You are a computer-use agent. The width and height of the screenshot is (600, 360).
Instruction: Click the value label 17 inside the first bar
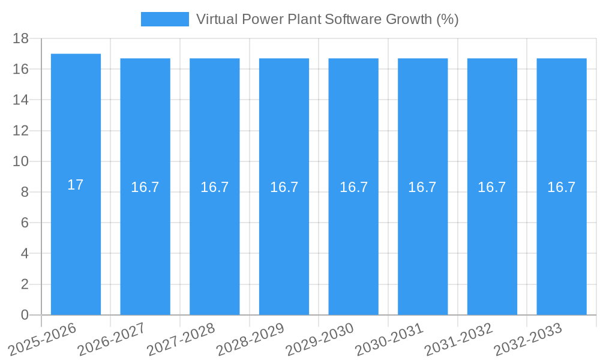click(x=76, y=185)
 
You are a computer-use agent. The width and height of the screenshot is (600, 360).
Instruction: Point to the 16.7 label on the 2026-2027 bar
click(x=145, y=187)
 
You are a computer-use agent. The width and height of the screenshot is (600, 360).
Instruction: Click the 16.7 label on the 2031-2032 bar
click(x=492, y=187)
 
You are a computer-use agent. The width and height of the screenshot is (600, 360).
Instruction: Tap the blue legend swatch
click(x=164, y=19)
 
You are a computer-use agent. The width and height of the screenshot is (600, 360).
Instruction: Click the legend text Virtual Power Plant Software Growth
click(x=327, y=19)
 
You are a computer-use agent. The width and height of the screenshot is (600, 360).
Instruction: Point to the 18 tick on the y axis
click(x=21, y=38)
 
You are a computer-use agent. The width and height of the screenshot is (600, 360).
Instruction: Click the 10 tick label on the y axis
click(x=21, y=161)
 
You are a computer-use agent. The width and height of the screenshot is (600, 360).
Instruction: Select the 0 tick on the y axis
click(x=25, y=315)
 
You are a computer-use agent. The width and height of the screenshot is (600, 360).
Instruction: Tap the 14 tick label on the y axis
click(x=21, y=100)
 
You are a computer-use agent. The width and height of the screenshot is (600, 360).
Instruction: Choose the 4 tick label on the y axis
click(x=25, y=254)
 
